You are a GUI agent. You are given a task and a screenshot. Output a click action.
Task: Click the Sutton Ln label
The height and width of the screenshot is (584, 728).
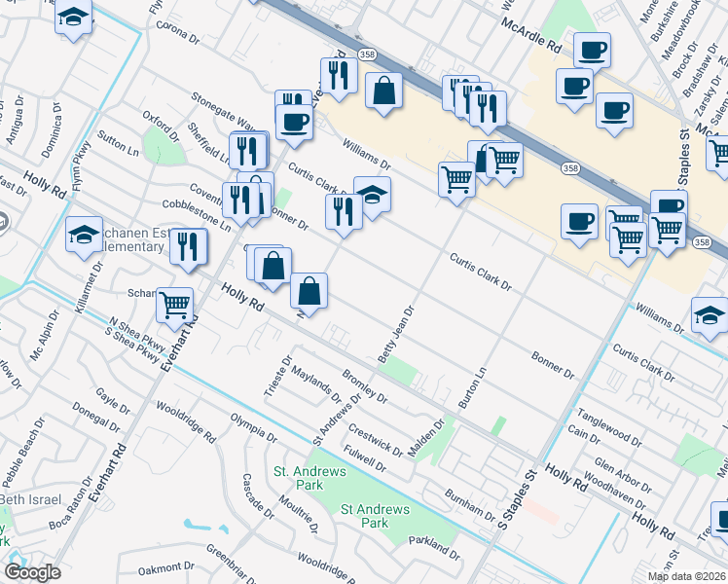pyautogui.click(x=118, y=146)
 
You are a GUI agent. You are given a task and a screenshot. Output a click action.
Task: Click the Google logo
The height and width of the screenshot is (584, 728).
pyautogui.click(x=32, y=572)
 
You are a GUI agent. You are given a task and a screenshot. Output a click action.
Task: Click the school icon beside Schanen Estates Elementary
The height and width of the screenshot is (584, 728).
pyautogui.click(x=85, y=234)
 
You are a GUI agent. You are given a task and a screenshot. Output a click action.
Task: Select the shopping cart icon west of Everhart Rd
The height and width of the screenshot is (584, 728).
pyautogui.click(x=175, y=305)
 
